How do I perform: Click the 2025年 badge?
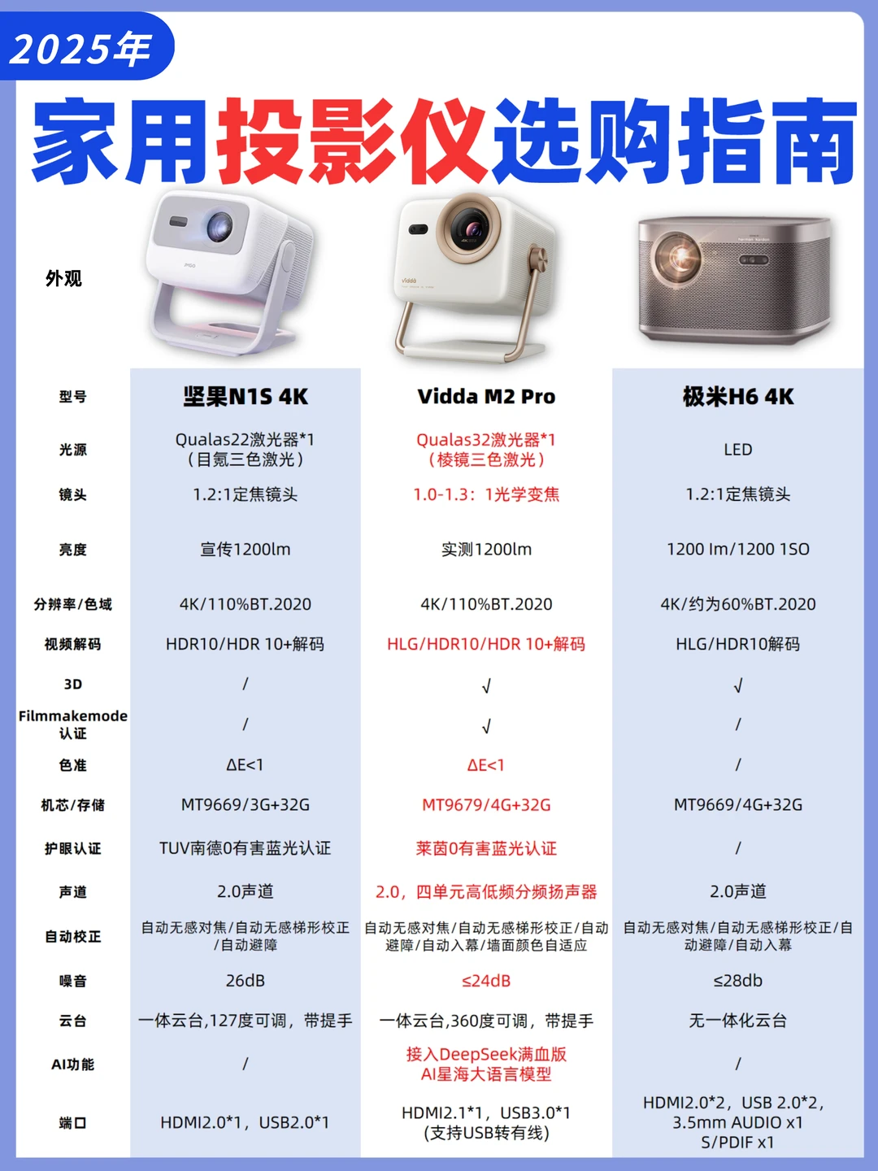pos(81,49)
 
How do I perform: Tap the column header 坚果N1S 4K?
pos(246,397)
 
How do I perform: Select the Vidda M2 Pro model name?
pos(486,397)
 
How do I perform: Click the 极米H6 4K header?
pos(737,397)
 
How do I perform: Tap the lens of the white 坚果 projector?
pos(219,226)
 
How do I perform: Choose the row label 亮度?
pos(72,550)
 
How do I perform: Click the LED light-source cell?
pos(737,450)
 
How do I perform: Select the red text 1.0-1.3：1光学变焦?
pos(486,494)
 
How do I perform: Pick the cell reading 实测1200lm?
pos(486,550)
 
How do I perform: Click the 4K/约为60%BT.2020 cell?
pos(737,604)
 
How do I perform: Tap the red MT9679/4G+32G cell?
pos(486,805)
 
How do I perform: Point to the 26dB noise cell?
pos(246,981)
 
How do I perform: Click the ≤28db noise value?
pos(737,981)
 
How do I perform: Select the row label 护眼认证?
pos(72,848)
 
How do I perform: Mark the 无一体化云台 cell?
pos(737,1021)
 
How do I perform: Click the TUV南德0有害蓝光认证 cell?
pos(246,848)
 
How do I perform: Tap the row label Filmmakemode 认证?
pos(72,724)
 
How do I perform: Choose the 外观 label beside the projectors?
pos(63,279)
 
